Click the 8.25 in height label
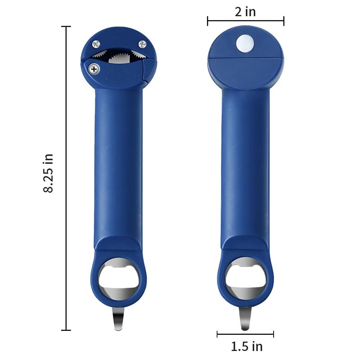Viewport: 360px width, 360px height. [x=48, y=173]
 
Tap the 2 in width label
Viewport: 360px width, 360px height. [x=245, y=12]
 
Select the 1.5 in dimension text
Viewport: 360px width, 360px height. [x=247, y=346]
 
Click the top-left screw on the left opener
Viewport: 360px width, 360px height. [x=96, y=44]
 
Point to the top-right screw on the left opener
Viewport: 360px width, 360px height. [x=142, y=44]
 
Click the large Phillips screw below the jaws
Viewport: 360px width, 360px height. [x=94, y=69]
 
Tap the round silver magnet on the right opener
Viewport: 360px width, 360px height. [x=245, y=43]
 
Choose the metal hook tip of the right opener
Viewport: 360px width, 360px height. [x=245, y=318]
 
